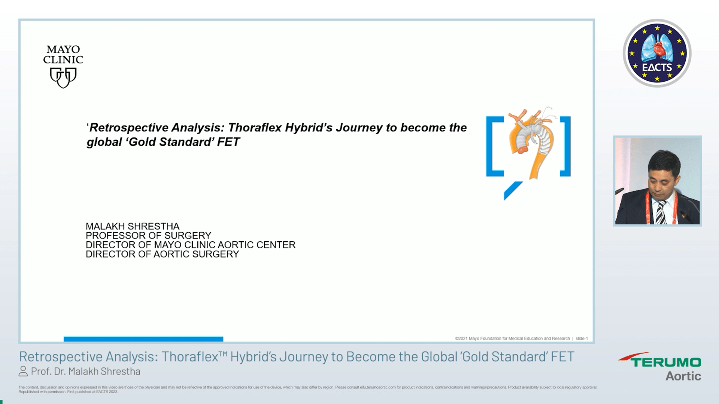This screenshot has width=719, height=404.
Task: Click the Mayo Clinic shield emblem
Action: point(63,77)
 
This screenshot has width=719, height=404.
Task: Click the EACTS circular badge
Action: point(657,53)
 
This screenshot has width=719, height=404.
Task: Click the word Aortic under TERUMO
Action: point(683,376)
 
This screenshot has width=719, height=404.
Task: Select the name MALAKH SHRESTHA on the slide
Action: point(133,226)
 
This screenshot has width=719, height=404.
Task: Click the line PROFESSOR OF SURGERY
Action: point(148,236)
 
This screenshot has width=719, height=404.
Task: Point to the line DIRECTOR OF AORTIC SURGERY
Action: point(162,254)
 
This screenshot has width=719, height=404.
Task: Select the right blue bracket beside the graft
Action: point(565,146)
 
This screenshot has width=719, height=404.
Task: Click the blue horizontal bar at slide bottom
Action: point(143,339)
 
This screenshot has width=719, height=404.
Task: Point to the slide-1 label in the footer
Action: point(582,339)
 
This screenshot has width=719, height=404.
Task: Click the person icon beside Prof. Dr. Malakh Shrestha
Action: point(23,371)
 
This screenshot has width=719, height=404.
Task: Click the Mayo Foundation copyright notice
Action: point(512,339)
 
